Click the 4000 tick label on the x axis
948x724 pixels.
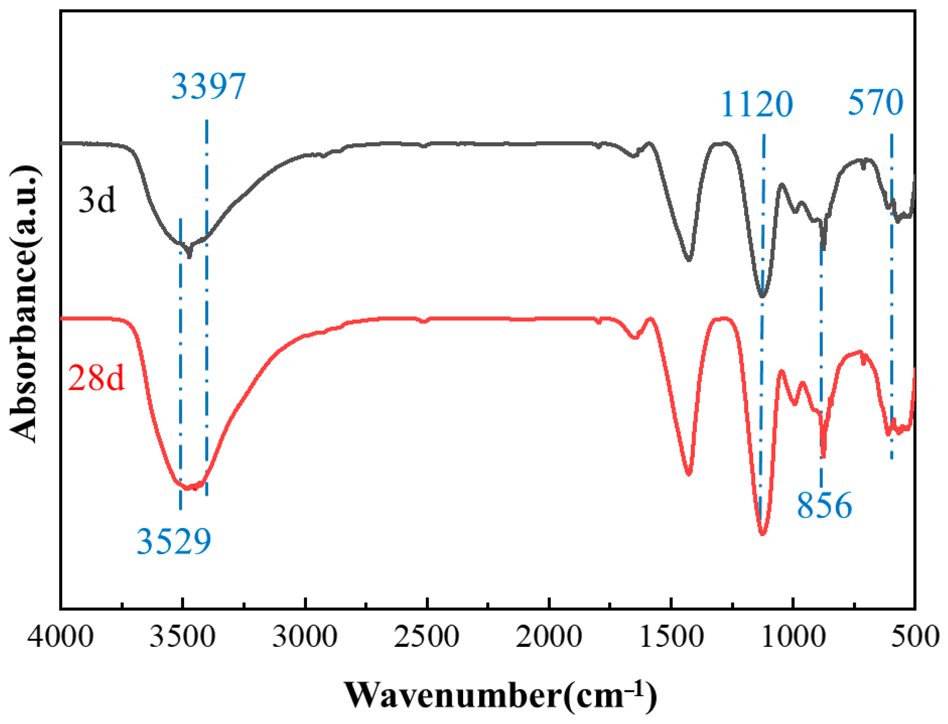(60, 636)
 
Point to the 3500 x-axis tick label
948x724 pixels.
(182, 636)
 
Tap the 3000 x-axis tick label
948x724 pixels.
(305, 636)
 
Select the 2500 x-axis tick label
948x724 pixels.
(427, 636)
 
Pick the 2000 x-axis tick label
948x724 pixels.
(549, 636)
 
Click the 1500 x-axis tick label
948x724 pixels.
(671, 636)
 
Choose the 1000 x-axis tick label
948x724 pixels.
(793, 636)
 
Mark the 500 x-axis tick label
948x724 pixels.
(915, 636)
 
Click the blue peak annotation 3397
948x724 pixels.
(209, 87)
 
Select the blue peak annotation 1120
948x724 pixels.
(757, 104)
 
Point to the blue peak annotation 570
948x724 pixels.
(875, 102)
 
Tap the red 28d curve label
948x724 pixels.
(96, 378)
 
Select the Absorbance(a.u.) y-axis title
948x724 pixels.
(25, 304)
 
